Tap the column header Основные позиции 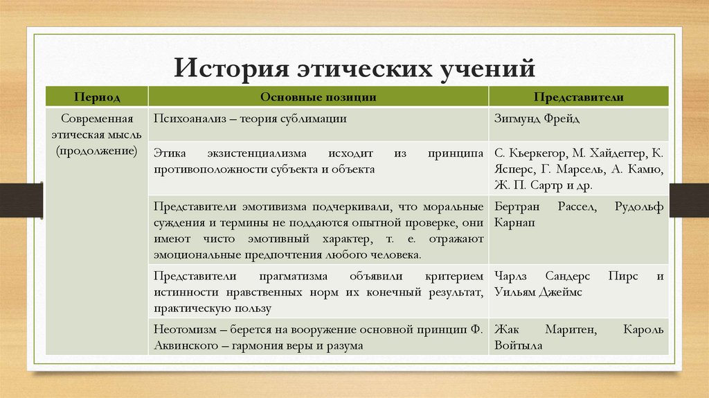click(x=318, y=97)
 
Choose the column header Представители click(x=579, y=97)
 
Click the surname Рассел click(x=574, y=206)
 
